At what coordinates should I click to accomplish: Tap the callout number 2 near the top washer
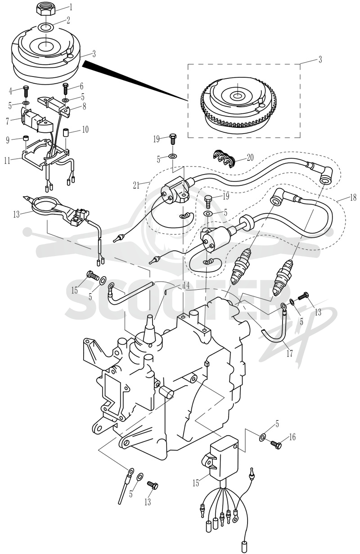click(x=68, y=20)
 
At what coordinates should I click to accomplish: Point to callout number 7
click(x=8, y=121)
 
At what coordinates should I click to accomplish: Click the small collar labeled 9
click(x=26, y=138)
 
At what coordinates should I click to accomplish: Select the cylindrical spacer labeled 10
click(x=66, y=133)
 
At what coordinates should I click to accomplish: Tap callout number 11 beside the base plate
click(x=7, y=161)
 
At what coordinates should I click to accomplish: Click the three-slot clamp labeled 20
click(x=224, y=158)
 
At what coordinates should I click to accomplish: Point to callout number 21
click(x=136, y=185)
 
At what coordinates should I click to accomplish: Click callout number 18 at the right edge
click(x=353, y=197)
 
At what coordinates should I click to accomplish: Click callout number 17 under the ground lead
click(x=289, y=353)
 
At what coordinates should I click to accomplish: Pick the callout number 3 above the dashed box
click(x=320, y=59)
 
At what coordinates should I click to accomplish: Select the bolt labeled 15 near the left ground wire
click(x=92, y=275)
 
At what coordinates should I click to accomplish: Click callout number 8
click(x=84, y=106)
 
